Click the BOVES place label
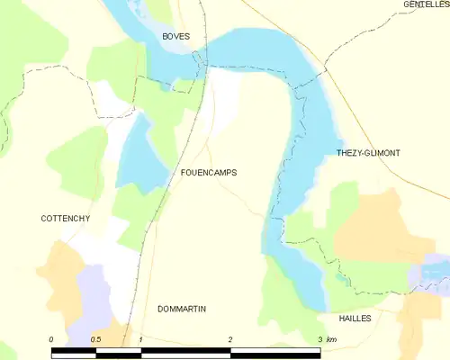point(176,36)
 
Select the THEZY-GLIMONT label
point(367,153)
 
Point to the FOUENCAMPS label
point(209,172)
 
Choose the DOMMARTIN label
point(182,309)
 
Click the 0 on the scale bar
point(52,339)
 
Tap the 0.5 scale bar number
point(96,339)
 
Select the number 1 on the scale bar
point(141,339)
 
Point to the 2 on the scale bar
point(231,339)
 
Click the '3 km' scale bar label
point(326,339)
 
